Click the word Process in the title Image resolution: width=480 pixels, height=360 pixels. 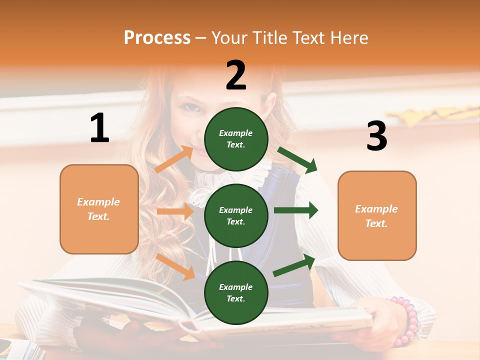coord(157,38)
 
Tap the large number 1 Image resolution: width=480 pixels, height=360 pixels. coord(99,128)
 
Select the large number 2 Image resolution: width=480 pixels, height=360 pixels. coord(236,75)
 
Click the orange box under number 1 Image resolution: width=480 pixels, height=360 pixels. coord(99,209)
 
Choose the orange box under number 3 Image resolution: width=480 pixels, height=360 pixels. coord(377,216)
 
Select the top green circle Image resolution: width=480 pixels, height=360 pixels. coord(236,139)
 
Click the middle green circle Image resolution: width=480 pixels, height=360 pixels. coord(236,215)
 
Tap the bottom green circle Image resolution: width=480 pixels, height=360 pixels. coord(236,292)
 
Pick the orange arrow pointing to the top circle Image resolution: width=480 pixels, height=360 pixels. coord(174,159)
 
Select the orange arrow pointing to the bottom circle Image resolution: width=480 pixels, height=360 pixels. coord(175,266)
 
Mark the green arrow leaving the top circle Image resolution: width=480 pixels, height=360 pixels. coord(297,160)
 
